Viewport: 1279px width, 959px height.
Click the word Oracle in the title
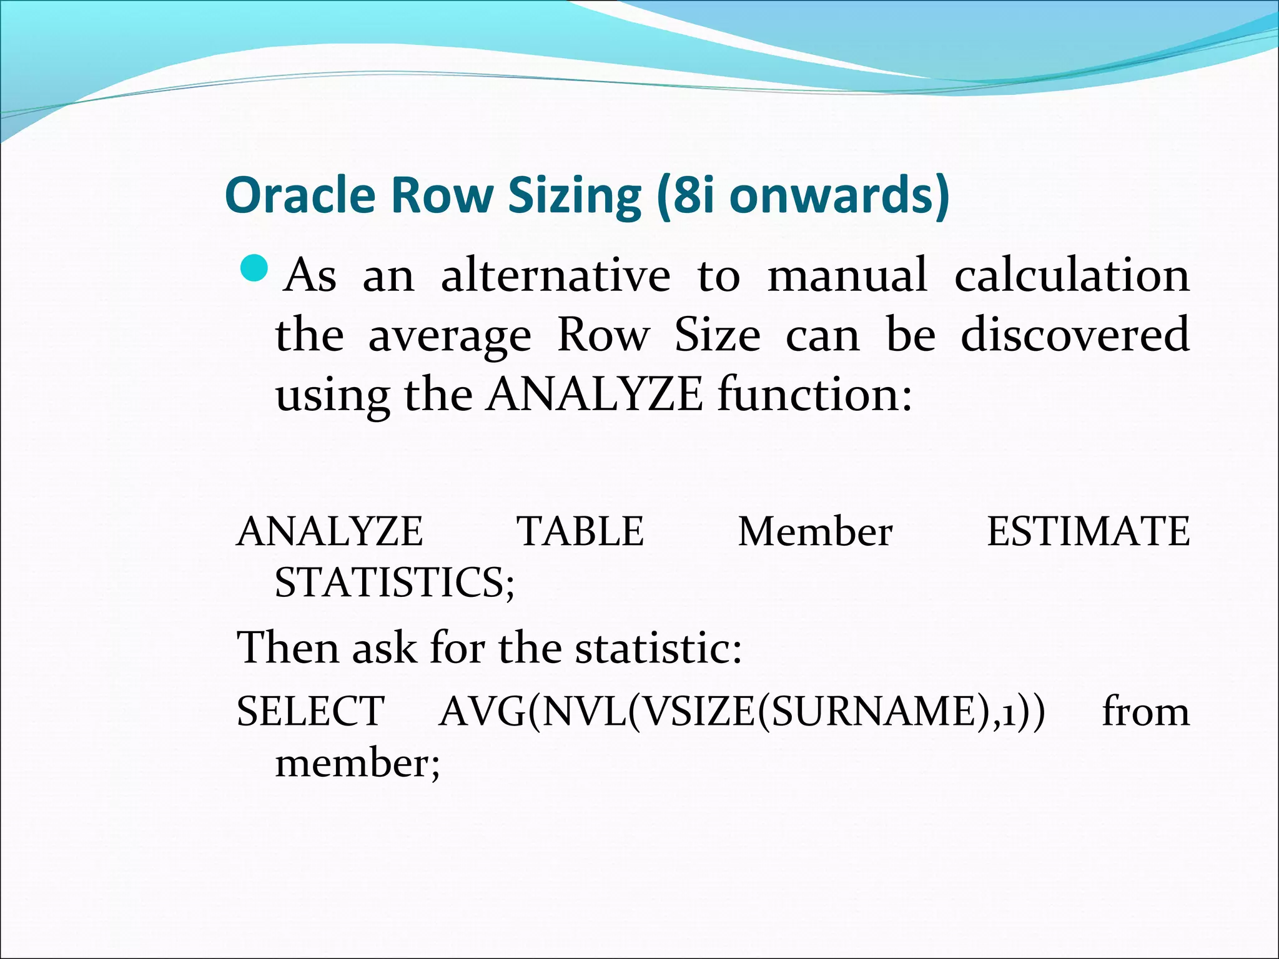(300, 195)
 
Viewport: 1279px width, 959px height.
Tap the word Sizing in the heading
(575, 195)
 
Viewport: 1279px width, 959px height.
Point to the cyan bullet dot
(254, 269)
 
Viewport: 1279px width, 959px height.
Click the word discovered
(1074, 335)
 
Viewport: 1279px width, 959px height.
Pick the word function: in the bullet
(815, 395)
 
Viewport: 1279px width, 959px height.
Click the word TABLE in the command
(580, 531)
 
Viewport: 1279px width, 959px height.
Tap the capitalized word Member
(815, 531)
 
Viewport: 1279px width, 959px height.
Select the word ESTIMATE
(1088, 531)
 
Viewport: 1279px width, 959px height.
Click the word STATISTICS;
(395, 582)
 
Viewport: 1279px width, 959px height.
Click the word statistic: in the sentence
(658, 647)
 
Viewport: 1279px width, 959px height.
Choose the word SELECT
(310, 711)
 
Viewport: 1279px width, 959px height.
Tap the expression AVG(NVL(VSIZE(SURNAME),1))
(741, 711)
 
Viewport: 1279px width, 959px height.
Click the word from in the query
(1145, 711)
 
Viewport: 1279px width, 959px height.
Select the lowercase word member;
(357, 763)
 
